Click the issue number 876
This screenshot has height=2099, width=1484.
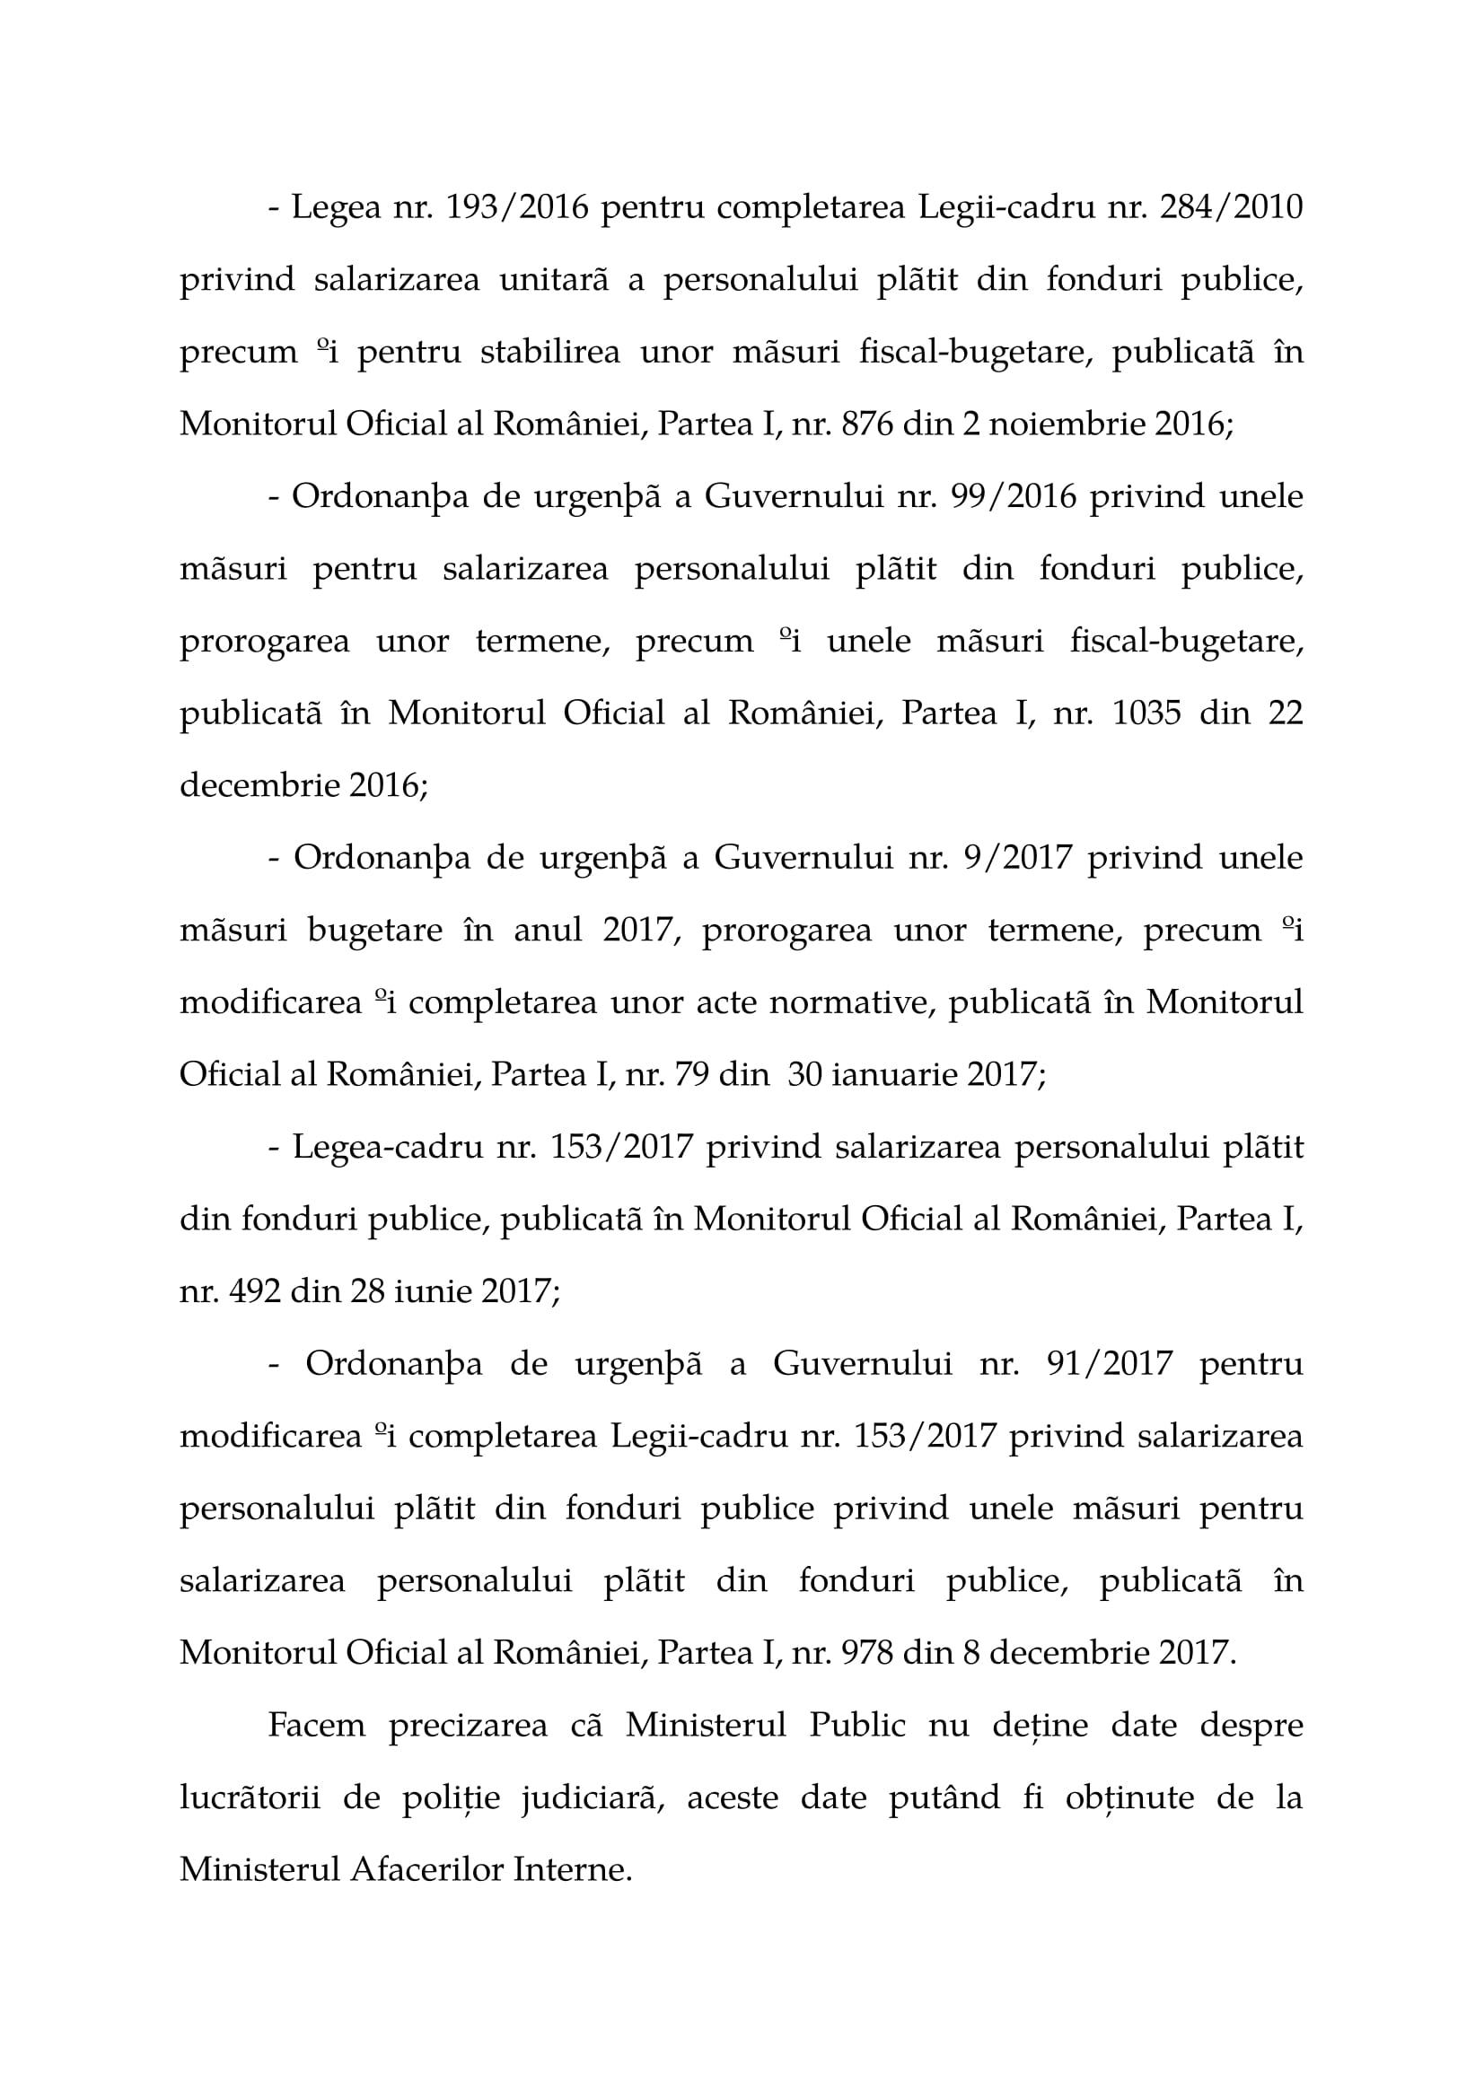point(868,424)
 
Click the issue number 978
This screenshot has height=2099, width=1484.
point(868,1653)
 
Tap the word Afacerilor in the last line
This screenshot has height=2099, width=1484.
point(426,1869)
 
